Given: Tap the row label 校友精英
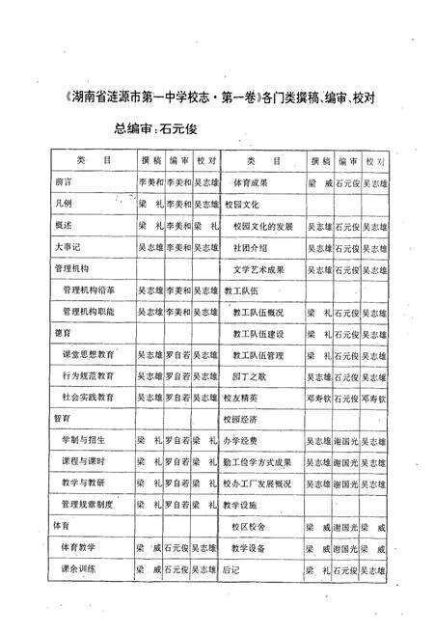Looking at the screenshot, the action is pyautogui.click(x=241, y=397).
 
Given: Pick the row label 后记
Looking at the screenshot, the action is pyautogui.click(x=234, y=569).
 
